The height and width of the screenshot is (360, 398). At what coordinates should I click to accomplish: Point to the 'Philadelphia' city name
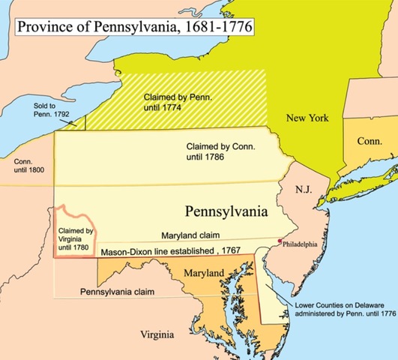pyautogui.click(x=303, y=244)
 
